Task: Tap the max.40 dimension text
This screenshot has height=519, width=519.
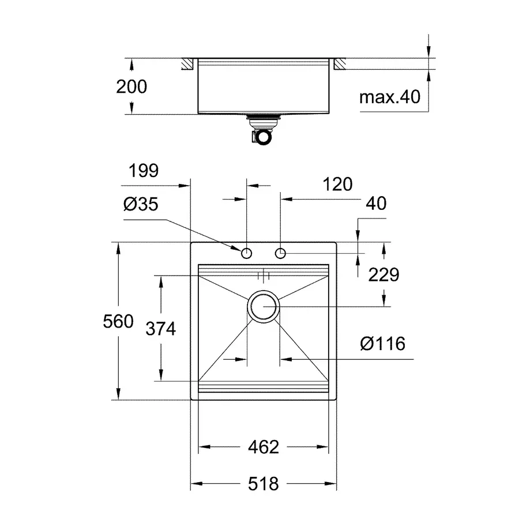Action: (x=390, y=97)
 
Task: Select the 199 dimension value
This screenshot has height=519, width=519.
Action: (x=142, y=171)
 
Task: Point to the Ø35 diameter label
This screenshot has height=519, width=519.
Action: (x=140, y=204)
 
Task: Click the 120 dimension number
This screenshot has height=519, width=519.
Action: (x=337, y=184)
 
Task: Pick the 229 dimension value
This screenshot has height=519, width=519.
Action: (x=383, y=274)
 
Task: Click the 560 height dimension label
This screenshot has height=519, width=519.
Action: (x=118, y=321)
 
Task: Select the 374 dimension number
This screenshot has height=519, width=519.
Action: (x=160, y=329)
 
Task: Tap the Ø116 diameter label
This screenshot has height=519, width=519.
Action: (x=382, y=344)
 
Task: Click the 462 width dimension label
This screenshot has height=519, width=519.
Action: (x=264, y=447)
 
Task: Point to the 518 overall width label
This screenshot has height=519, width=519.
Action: (x=264, y=483)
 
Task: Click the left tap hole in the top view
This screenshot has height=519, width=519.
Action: (x=247, y=253)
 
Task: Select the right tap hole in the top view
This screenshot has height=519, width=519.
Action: (x=281, y=253)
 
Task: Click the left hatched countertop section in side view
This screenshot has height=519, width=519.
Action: (x=187, y=64)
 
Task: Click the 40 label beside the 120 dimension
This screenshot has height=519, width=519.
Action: (x=375, y=204)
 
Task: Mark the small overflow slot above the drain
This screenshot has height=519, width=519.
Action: (x=264, y=275)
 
